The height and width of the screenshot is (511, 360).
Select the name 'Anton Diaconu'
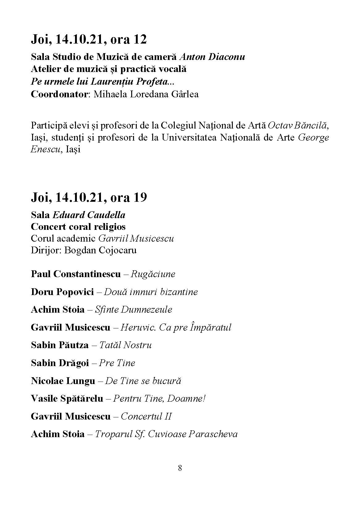click(x=212, y=57)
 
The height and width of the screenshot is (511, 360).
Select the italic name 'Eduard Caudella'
click(x=89, y=215)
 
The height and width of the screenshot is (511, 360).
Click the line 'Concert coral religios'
click(x=78, y=227)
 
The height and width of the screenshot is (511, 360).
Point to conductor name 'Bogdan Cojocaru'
click(x=100, y=250)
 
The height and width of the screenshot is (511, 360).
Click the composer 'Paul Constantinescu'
click(x=76, y=274)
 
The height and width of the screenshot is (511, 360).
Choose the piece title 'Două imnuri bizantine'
click(x=151, y=292)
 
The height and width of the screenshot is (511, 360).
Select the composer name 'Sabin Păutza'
click(x=60, y=345)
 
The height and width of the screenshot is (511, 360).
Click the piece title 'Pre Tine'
click(x=117, y=363)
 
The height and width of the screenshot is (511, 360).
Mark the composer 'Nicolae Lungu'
click(x=63, y=381)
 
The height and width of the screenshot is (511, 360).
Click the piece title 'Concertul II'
click(x=146, y=416)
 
